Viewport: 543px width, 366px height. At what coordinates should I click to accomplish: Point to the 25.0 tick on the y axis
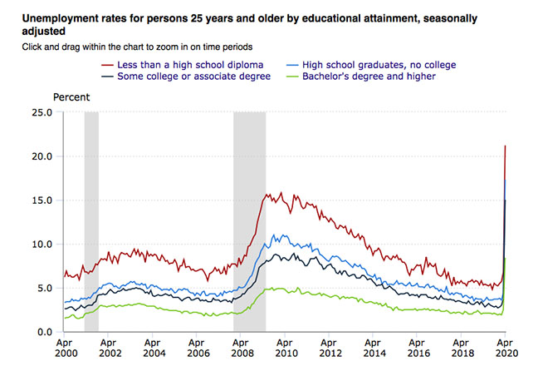pyautogui.click(x=41, y=112)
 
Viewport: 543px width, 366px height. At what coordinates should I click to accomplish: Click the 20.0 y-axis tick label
pyautogui.click(x=41, y=156)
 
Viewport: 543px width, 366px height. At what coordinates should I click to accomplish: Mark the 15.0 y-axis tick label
pyautogui.click(x=41, y=200)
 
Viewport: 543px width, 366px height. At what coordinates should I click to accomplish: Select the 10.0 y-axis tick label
pyautogui.click(x=41, y=245)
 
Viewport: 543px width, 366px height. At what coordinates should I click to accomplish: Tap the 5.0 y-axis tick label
pyautogui.click(x=43, y=289)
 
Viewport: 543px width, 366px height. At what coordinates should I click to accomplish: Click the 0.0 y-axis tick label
pyautogui.click(x=43, y=333)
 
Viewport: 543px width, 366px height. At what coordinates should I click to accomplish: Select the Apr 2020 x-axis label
pyautogui.click(x=505, y=348)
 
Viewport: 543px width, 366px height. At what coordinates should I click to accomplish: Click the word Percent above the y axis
pyautogui.click(x=72, y=97)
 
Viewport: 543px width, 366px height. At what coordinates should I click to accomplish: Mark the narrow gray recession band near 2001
pyautogui.click(x=91, y=221)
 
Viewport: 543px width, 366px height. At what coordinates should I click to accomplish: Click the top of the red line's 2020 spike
pyautogui.click(x=505, y=146)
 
